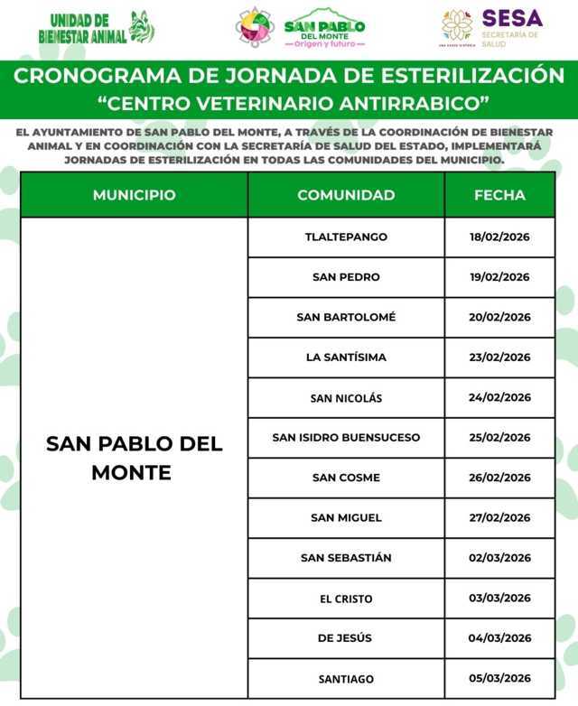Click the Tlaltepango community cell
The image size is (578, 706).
(346, 237)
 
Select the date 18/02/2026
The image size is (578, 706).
(499, 237)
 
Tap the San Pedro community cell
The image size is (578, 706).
(346, 277)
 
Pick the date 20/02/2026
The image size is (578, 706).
(499, 317)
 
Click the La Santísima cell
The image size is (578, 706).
(346, 358)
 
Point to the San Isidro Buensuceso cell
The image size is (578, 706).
(346, 438)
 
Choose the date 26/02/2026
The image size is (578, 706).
(499, 478)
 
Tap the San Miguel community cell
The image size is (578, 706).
(346, 517)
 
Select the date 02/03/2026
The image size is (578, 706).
(499, 558)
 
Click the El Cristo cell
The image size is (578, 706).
(346, 599)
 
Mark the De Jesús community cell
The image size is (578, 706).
(346, 638)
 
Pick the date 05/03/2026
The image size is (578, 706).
(499, 679)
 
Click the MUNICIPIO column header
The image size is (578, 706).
(134, 195)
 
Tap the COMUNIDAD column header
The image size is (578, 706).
(346, 195)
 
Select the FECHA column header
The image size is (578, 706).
(499, 195)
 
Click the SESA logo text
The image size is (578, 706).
(512, 18)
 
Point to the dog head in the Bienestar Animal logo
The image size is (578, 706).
(142, 27)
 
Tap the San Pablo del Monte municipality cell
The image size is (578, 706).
(134, 458)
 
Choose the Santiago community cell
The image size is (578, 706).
(346, 679)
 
